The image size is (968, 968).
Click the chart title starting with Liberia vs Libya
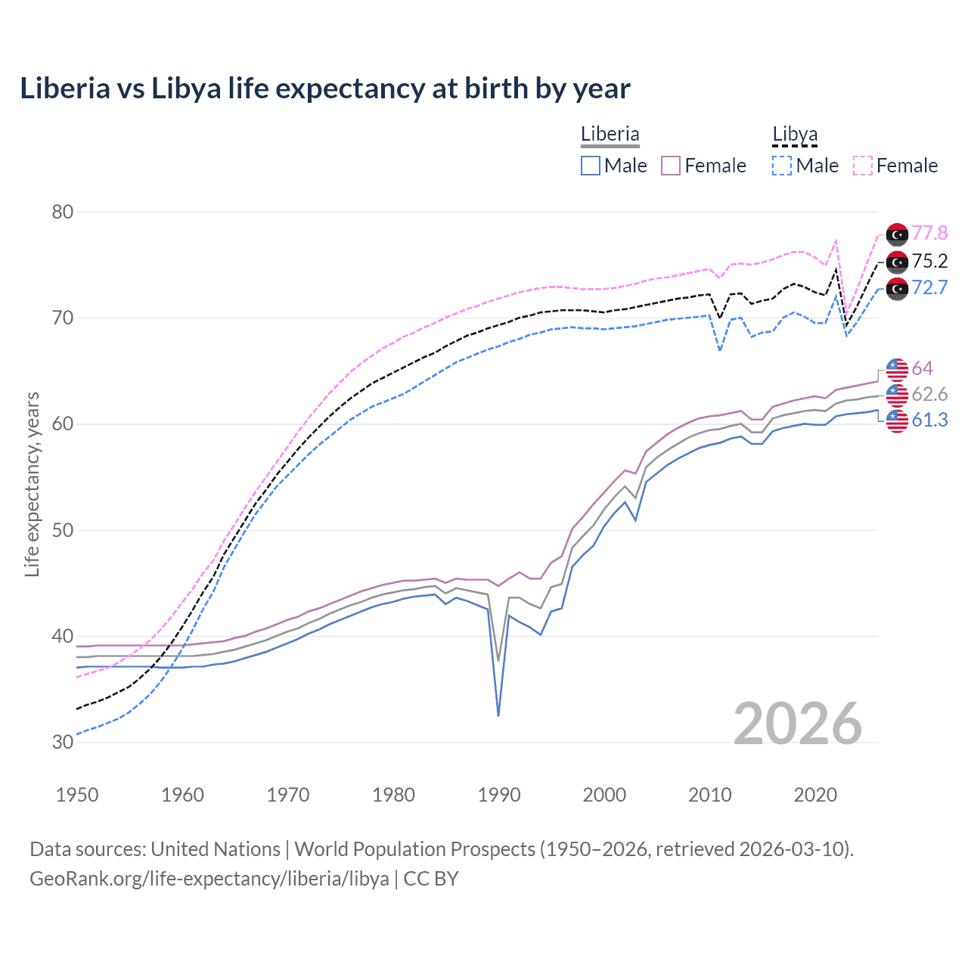coord(324,88)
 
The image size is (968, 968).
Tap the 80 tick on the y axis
coord(63,212)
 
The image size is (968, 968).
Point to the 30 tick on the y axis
coord(63,742)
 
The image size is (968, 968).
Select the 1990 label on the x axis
coord(499,795)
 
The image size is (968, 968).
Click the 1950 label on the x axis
coord(77,795)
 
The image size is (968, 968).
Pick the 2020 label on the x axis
coord(815,795)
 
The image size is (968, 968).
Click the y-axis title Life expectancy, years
coord(32,484)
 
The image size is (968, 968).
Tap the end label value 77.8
coord(929,233)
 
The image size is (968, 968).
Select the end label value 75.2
coord(929,262)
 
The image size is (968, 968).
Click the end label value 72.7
coord(929,288)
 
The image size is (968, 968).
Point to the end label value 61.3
coord(929,420)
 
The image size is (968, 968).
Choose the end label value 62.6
coord(929,394)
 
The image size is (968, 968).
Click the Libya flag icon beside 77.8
coord(897,235)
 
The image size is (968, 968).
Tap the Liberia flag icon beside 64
coord(897,369)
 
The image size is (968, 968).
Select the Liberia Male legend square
coord(591,166)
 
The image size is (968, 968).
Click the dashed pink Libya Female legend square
coord(863,166)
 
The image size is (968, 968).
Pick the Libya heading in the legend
coord(795,135)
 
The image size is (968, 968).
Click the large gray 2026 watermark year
coord(798,724)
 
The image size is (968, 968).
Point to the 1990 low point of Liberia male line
coord(498,715)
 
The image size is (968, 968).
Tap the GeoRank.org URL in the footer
coord(209,879)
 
